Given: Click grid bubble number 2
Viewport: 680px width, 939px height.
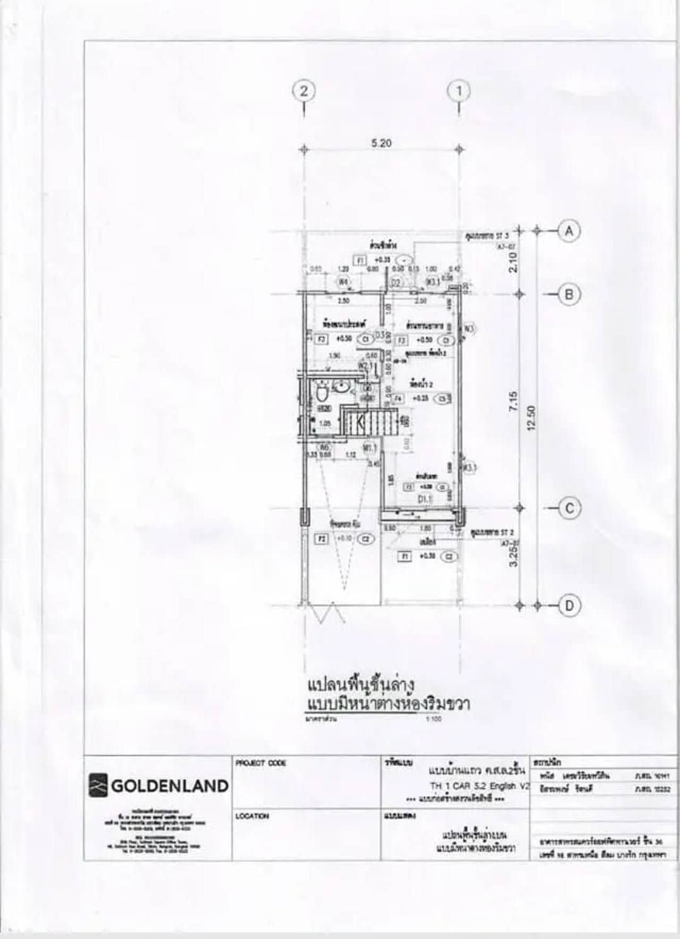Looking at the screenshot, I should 304,91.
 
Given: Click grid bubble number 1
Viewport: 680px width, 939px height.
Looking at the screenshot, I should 459,91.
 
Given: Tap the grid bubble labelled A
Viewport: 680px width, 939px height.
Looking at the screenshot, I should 569,231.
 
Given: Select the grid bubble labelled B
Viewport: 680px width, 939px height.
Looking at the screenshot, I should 569,294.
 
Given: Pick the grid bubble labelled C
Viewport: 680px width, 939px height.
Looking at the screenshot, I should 569,508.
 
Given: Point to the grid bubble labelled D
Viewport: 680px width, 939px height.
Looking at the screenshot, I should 569,605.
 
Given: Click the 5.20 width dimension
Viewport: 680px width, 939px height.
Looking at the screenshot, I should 381,143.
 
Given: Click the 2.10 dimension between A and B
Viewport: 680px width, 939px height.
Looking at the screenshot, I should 513,262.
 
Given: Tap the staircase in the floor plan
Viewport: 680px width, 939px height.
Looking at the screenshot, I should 366,420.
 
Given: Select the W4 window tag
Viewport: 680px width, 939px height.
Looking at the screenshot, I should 343,282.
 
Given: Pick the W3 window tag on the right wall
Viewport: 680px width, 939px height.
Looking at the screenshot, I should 470,328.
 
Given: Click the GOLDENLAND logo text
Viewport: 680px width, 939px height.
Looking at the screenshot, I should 169,785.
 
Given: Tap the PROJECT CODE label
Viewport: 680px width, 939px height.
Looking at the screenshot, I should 261,763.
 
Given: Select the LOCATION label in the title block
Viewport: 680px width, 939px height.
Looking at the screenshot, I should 252,816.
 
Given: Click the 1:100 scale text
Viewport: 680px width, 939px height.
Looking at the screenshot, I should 434,718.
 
